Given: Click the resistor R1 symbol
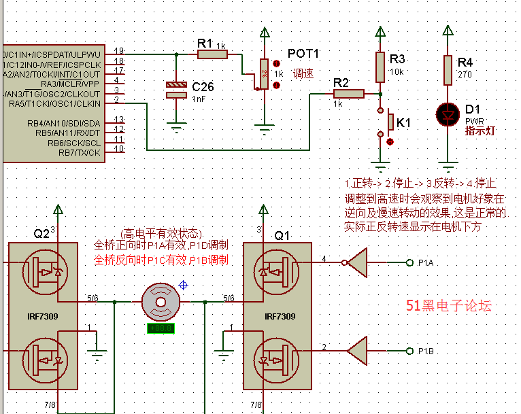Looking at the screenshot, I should click(212, 54).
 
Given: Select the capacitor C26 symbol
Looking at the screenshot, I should click(176, 90).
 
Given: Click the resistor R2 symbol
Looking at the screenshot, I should click(349, 94).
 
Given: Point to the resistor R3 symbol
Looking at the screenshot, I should click(380, 67).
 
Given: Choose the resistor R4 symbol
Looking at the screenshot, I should click(448, 69).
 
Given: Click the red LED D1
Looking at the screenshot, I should click(448, 115).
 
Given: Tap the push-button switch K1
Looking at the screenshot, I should click(389, 122).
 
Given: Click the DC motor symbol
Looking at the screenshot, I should click(162, 301).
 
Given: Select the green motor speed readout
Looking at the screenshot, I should click(162, 329).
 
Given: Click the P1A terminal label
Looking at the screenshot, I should click(426, 262).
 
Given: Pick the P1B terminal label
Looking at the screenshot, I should click(426, 351).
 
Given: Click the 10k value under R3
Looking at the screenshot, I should click(397, 71).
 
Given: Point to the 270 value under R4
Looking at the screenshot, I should click(465, 75).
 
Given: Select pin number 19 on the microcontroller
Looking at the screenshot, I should click(119, 51).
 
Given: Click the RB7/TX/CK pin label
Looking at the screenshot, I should click(80, 152).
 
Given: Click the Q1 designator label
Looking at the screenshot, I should click(282, 235).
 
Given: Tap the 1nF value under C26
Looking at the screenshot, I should click(199, 99).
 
